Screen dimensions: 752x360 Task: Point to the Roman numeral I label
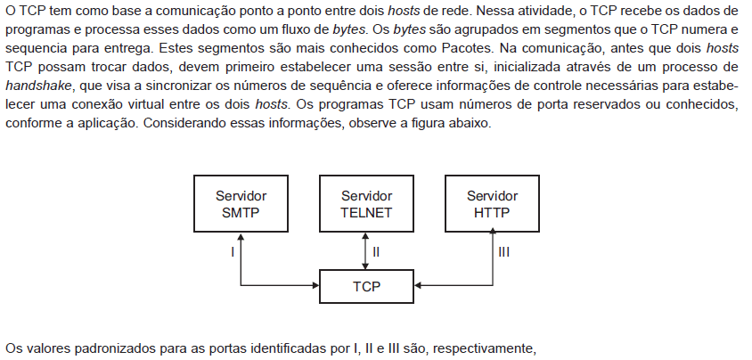[x=233, y=251]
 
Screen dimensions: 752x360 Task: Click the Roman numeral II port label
[x=376, y=251]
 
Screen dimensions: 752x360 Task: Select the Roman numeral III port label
[x=504, y=251]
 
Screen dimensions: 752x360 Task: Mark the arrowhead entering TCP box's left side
[x=315, y=286]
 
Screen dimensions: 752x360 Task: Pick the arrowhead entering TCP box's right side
[x=418, y=286]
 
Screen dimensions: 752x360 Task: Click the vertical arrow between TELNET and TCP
[x=366, y=250]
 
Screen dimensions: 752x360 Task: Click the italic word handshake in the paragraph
[x=38, y=86]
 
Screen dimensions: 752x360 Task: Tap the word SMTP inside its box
[x=241, y=212]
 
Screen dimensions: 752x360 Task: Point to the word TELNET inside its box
[x=366, y=212]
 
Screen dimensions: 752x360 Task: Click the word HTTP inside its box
[x=492, y=212]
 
